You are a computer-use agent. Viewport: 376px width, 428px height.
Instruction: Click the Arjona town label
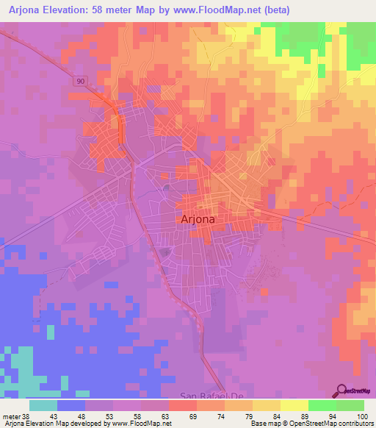(196, 218)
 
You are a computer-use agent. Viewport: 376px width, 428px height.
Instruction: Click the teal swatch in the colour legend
(43, 405)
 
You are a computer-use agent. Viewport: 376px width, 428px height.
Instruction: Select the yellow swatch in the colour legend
(294, 405)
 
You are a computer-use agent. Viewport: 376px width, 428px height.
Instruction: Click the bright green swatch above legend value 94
(322, 405)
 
